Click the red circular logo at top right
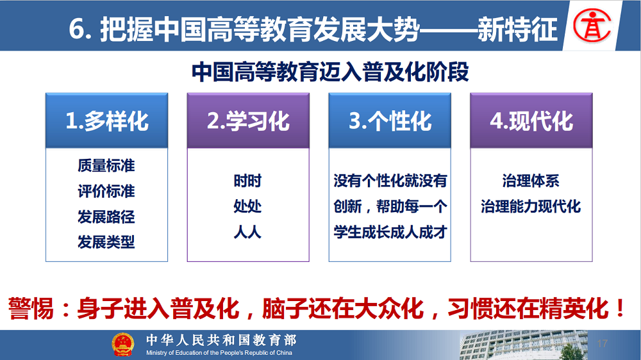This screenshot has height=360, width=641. tap(592, 26)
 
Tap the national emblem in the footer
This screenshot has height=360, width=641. tap(122, 345)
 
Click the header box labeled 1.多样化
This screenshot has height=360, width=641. tap(106, 120)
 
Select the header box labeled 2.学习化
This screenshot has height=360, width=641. tap(248, 120)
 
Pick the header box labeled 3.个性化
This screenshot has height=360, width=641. tap(390, 120)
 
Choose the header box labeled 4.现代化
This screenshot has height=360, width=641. tap(531, 120)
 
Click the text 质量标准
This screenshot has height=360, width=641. tap(106, 165)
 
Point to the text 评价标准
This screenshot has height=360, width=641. tap(106, 192)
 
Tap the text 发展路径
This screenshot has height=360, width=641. tap(106, 217)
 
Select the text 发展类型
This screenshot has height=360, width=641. tap(106, 242)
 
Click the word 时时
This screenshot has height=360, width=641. tap(247, 181)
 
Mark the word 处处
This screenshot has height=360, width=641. tap(247, 206)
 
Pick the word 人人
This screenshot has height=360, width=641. tap(247, 232)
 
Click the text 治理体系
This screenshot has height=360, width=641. tap(531, 181)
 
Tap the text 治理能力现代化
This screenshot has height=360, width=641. tap(531, 206)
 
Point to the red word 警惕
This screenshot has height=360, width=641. tap(31, 309)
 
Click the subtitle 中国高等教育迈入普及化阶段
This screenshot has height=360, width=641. tap(330, 72)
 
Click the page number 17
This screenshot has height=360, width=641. tap(602, 343)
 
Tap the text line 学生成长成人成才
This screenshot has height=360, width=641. tap(390, 232)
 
